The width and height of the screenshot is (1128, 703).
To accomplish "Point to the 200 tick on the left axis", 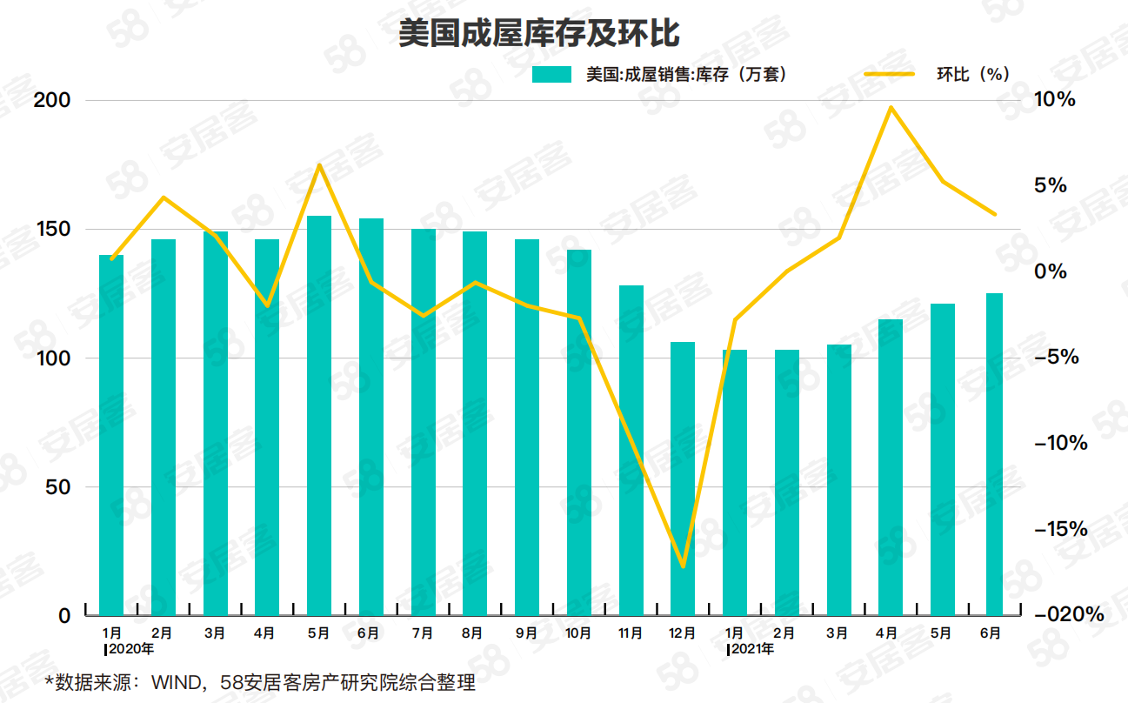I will pyautogui.click(x=51, y=100).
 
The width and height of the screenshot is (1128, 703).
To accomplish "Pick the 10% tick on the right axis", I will pyautogui.click(x=1054, y=100).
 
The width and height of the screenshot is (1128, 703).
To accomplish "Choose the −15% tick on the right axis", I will pyautogui.click(x=1060, y=529).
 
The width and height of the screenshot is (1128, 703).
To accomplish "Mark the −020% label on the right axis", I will pyautogui.click(x=1068, y=615).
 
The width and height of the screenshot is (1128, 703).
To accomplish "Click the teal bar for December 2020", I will pyautogui.click(x=683, y=479).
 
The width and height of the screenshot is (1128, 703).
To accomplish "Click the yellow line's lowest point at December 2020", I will pyautogui.click(x=683, y=566).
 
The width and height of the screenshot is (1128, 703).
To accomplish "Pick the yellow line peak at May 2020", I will pyautogui.click(x=319, y=165).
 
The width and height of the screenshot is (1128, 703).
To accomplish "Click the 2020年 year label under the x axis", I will pyautogui.click(x=130, y=648).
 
